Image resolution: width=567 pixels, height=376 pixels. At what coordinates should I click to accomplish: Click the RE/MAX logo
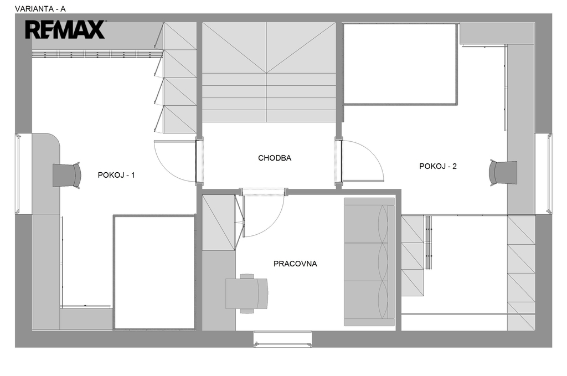pos(65,30)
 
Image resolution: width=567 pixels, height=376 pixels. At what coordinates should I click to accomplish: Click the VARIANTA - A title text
pos(40,9)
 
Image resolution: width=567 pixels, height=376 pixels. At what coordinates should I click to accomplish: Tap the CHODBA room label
pos(275,158)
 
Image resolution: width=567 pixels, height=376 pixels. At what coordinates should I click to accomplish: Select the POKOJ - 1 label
pos(116,175)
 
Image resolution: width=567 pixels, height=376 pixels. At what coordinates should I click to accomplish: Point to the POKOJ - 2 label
pos(438,166)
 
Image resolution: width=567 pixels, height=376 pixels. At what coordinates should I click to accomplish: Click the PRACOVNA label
pos(295,264)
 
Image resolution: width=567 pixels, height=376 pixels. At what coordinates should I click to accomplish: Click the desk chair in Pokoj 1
pos(67,176)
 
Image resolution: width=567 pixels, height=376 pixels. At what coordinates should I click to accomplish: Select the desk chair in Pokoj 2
pos(503,173)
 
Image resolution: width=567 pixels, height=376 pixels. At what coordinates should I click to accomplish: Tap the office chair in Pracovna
pos(248,293)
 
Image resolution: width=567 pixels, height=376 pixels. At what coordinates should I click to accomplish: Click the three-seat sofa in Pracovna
pos(369,262)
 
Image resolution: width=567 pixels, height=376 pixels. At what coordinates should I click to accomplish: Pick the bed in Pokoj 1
pos(154,272)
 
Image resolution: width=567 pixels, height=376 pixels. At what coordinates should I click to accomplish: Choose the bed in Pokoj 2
pos(400,64)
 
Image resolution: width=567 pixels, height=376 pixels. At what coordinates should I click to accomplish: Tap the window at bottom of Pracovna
pos(282,339)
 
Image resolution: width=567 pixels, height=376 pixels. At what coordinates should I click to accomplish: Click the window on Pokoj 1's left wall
pos(18,174)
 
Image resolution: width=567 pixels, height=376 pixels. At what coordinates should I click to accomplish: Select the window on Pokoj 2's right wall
pos(549,173)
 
